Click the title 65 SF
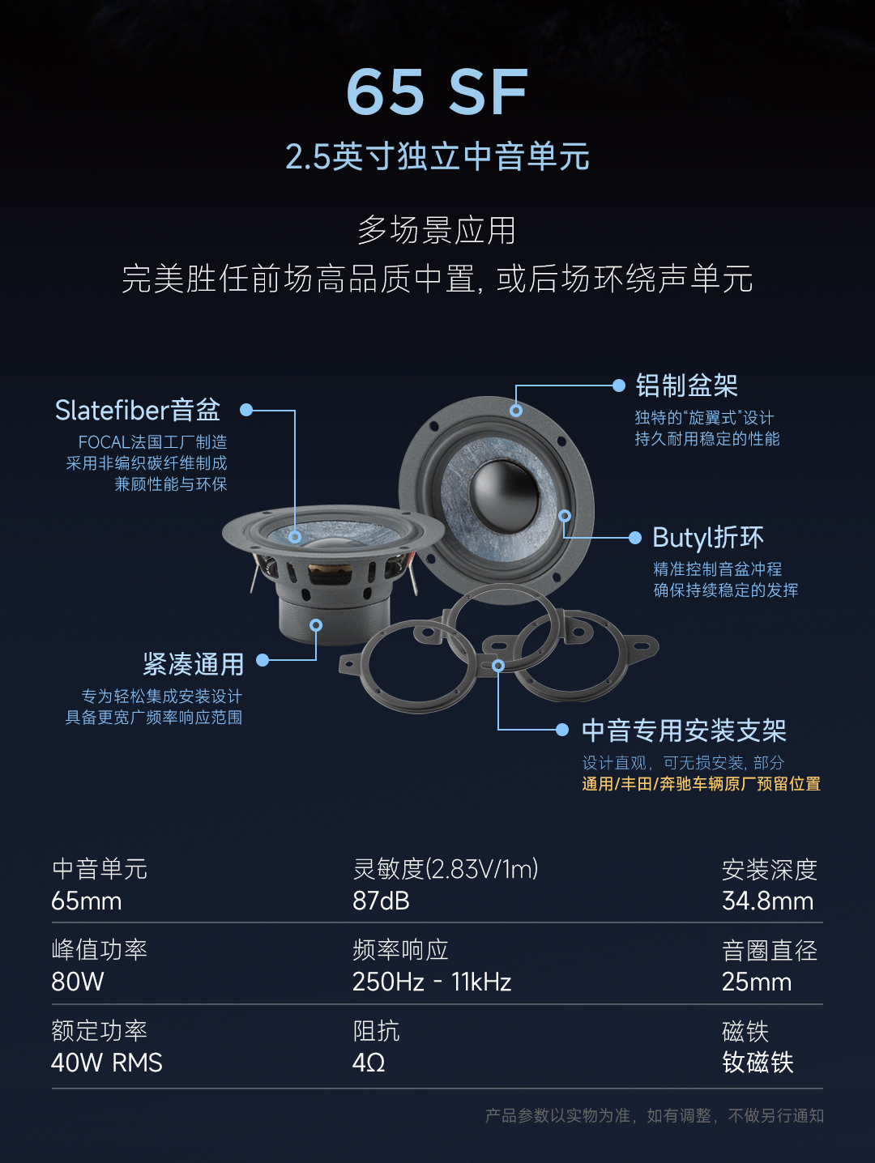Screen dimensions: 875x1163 (437, 92)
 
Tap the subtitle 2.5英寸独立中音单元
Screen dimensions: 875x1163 (437, 156)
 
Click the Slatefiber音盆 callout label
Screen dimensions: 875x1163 (138, 410)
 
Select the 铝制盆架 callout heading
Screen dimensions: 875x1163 (686, 386)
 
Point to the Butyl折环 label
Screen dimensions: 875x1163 (708, 537)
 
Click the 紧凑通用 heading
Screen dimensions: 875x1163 (194, 664)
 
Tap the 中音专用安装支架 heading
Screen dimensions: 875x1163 (684, 731)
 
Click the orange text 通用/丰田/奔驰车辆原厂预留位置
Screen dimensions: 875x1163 (701, 784)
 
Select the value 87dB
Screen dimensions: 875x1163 (381, 901)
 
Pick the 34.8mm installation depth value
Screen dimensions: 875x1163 (767, 901)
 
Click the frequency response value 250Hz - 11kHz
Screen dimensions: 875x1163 (431, 982)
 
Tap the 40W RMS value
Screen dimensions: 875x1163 (106, 1063)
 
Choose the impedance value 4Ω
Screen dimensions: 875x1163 (369, 1063)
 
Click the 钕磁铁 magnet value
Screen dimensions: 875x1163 (758, 1063)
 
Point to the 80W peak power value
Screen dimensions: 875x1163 (78, 982)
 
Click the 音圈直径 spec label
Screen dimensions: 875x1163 (769, 951)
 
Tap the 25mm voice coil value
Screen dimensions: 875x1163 (757, 982)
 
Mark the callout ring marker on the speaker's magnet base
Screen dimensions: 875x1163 (316, 625)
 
